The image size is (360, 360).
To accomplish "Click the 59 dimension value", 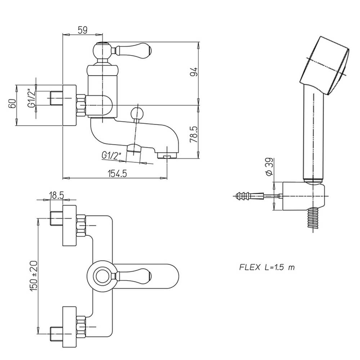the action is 83,30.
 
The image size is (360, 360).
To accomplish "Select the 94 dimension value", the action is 194,72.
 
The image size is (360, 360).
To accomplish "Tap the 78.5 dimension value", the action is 194,134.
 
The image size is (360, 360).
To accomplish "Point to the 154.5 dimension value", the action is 117,174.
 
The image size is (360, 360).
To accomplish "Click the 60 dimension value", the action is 12,104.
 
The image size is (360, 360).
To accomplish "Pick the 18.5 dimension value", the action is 57,195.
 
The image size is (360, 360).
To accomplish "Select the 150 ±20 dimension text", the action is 33,276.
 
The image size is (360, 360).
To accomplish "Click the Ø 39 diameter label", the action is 269,167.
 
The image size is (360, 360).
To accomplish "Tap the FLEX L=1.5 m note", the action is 267,267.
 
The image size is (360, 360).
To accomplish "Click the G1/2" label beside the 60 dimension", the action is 32,98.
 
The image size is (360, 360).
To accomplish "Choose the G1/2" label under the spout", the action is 111,156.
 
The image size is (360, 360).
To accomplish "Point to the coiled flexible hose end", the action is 313,218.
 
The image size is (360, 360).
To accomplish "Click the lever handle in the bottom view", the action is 131,276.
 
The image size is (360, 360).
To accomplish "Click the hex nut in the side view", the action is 81,105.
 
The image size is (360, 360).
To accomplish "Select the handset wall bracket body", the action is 303,196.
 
